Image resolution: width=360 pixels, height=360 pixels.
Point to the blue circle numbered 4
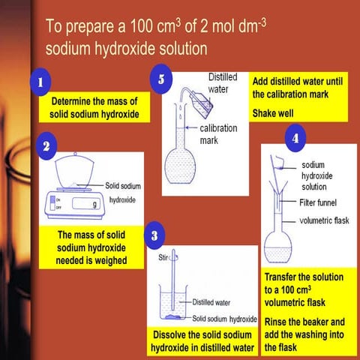coord(296,139)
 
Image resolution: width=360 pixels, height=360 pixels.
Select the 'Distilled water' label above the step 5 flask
coord(223,82)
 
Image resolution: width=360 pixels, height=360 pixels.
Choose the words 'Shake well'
coord(274,113)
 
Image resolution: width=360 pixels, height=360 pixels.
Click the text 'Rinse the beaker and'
coord(306,320)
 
